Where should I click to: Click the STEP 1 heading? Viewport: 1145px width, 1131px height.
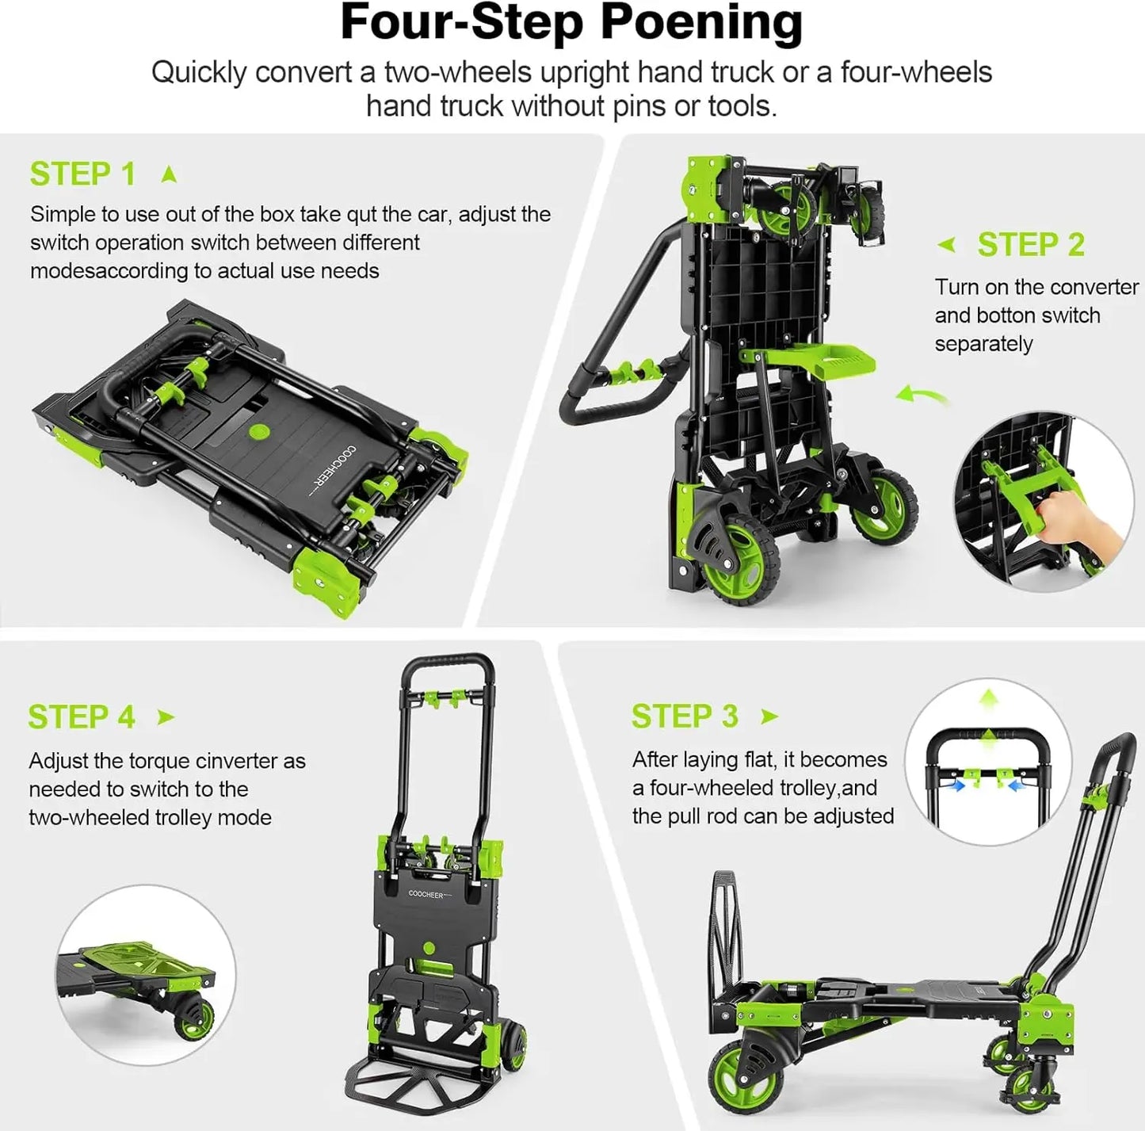point(82,174)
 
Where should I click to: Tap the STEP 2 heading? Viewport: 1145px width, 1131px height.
point(1030,245)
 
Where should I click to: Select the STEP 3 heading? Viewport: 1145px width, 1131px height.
point(685,716)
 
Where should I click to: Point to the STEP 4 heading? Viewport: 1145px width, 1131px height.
point(82,717)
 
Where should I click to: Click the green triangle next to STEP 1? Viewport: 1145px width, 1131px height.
point(169,174)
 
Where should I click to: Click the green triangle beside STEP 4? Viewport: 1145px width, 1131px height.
point(166,717)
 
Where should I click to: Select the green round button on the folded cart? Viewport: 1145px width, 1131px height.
point(258,431)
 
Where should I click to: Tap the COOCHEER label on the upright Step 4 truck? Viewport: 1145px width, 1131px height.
point(426,894)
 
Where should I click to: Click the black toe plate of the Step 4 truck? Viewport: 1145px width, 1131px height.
point(428,1098)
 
